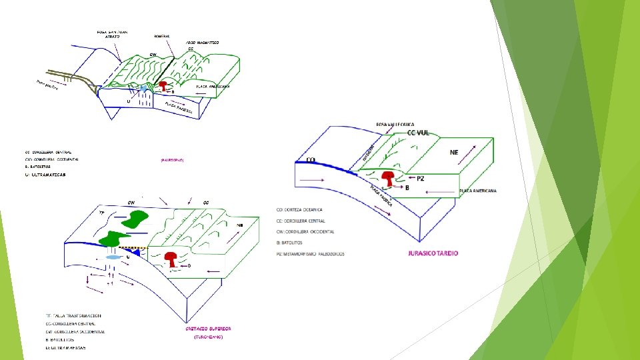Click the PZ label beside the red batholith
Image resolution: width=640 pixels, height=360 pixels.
click(x=420, y=178)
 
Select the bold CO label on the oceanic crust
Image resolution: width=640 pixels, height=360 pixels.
click(x=311, y=160)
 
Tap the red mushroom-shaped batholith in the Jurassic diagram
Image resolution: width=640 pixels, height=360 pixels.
click(x=389, y=178)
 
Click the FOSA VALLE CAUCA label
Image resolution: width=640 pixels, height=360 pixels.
click(x=395, y=124)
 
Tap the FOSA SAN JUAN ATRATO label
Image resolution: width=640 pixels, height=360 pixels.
click(x=112, y=33)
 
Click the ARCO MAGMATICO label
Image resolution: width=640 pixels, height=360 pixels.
click(x=202, y=42)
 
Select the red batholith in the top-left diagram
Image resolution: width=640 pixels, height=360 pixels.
click(x=161, y=86)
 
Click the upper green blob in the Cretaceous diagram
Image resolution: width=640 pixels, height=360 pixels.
click(x=137, y=219)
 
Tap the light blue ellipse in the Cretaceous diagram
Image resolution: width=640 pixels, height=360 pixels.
click(x=113, y=256)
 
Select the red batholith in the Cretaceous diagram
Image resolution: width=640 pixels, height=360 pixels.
click(x=171, y=259)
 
